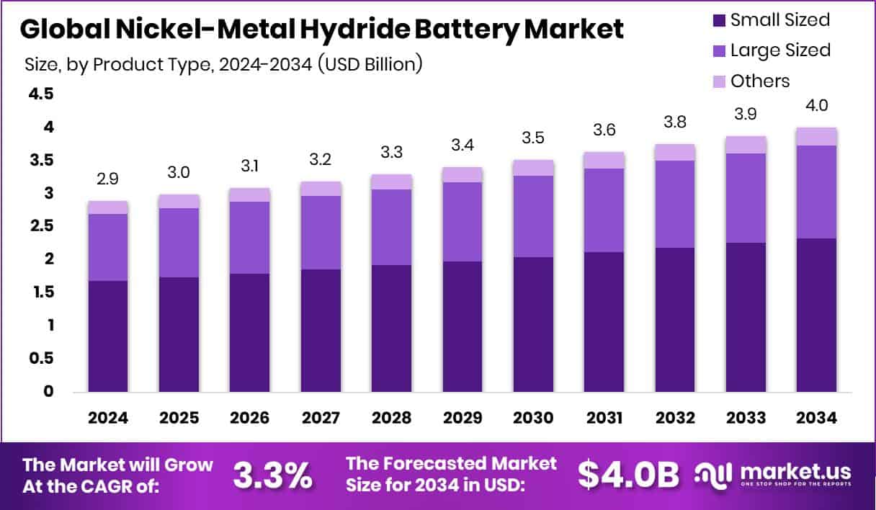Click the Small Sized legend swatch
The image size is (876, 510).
click(718, 20)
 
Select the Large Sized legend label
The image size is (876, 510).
click(780, 50)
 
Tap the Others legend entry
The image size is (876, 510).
click(760, 81)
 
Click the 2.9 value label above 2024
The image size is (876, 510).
click(107, 177)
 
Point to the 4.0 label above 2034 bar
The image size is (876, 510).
click(816, 105)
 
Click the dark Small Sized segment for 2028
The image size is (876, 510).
click(391, 328)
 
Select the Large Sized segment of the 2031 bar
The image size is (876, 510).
click(604, 210)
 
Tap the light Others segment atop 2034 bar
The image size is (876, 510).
click(816, 136)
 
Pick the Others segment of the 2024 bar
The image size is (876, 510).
click(107, 207)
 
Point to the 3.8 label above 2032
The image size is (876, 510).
click(674, 121)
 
